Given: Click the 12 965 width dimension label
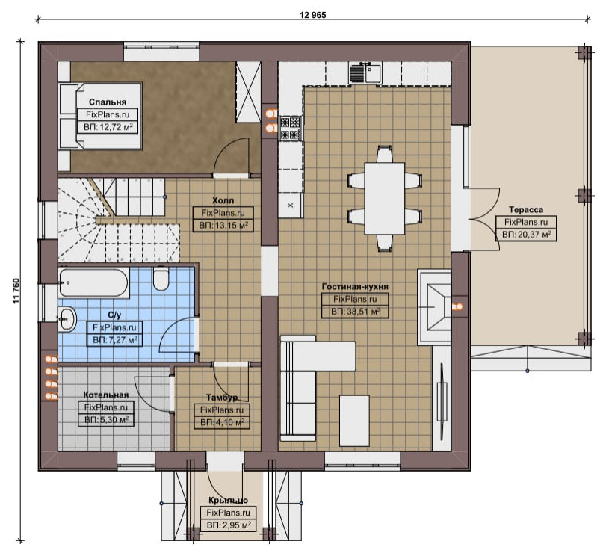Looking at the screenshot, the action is click(312, 15).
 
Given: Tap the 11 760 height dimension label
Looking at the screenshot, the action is click(16, 291).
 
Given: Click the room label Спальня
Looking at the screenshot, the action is click(108, 102).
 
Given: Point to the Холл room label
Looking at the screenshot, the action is click(223, 200).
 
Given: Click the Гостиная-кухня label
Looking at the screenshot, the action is click(355, 287).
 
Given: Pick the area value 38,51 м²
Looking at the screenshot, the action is click(356, 312).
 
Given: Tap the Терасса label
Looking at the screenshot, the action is click(526, 210).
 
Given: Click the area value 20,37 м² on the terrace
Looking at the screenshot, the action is click(526, 235).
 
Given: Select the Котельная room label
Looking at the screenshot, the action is click(106, 395).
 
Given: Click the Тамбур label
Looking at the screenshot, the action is click(222, 398).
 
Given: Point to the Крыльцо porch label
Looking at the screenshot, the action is click(228, 500).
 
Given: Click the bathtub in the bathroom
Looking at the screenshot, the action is click(93, 282).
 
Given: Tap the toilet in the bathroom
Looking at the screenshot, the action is click(161, 279).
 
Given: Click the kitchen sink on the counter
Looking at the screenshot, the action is click(365, 72).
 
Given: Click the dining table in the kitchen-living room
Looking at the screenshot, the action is click(385, 198).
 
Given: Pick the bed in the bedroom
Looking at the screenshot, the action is click(100, 116).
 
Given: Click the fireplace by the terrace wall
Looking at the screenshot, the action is click(435, 307).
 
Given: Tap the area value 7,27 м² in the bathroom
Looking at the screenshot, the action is click(115, 340).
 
